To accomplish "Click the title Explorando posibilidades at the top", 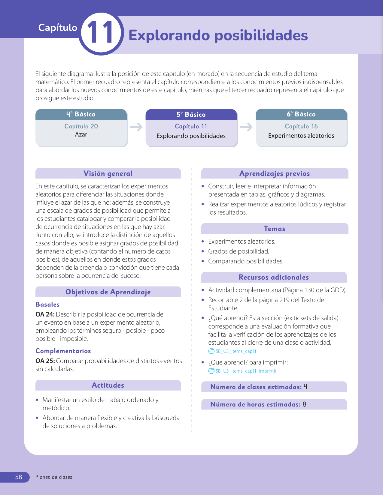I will tap(218, 35).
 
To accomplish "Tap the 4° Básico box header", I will tap(81, 114).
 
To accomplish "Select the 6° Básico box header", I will tap(301, 114).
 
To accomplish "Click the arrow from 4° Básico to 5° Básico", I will tap(136, 127).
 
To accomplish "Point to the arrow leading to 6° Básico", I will tap(246, 127).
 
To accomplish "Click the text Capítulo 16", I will tap(301, 126).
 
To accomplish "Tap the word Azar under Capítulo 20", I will tap(81, 134).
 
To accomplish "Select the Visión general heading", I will tap(108, 173).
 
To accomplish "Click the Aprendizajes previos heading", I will tap(275, 173).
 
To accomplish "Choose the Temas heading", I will tap(275, 229).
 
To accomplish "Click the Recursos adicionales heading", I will tap(274, 277).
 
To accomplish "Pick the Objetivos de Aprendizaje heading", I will tap(108, 292).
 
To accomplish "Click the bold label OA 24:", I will tap(45, 314).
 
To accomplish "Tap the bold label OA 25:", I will tap(45, 361).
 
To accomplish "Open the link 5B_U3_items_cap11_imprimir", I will tap(246, 371).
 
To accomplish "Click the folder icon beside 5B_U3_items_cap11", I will tap(211, 351).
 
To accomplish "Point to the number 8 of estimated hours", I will tap(305, 404).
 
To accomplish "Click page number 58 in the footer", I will tap(19, 477).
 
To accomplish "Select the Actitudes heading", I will tap(108, 385).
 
